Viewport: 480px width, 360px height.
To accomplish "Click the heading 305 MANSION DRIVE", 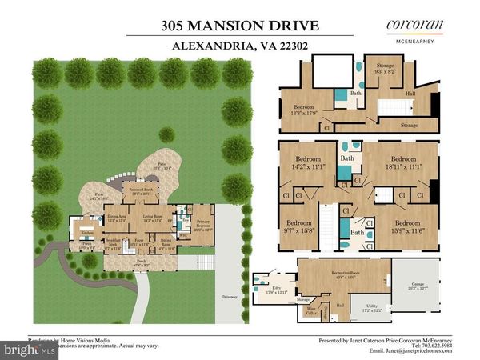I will click(240, 25).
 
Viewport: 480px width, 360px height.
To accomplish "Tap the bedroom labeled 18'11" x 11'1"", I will click(406, 159).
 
